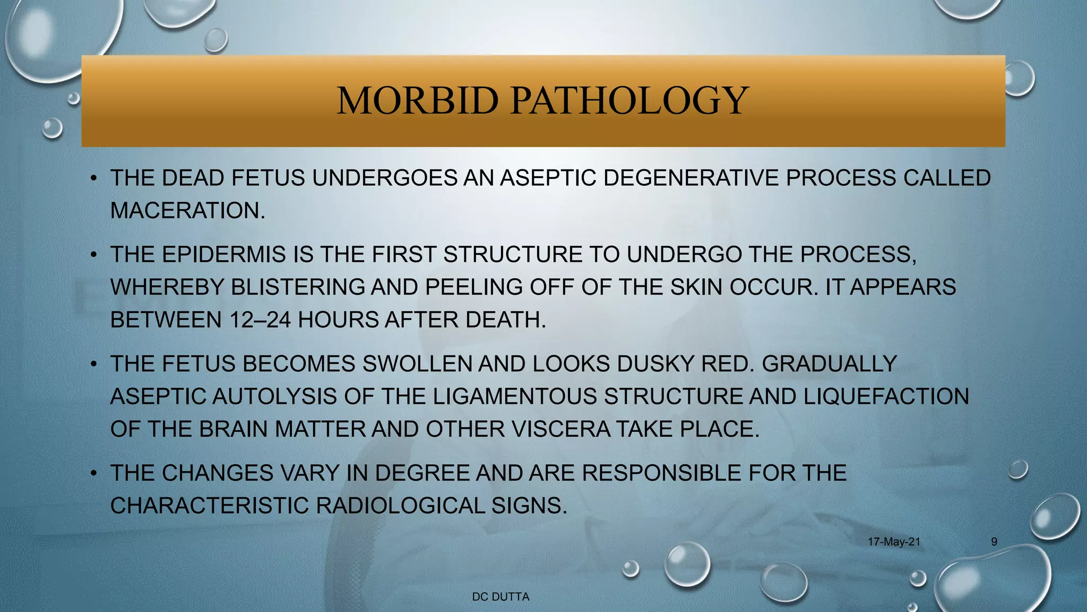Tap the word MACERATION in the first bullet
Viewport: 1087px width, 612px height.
(x=187, y=211)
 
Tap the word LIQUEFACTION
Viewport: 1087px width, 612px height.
(x=886, y=397)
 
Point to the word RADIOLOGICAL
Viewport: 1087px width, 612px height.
(x=400, y=506)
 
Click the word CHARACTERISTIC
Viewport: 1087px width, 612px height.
(x=209, y=506)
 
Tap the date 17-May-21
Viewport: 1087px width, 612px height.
(x=894, y=542)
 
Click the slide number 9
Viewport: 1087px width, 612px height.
(x=994, y=542)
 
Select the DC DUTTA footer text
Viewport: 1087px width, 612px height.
(x=501, y=597)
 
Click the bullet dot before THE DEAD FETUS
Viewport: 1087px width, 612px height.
(x=93, y=178)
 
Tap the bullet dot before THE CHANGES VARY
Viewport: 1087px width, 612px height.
(x=93, y=473)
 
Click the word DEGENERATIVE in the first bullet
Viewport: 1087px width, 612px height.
(x=691, y=178)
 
